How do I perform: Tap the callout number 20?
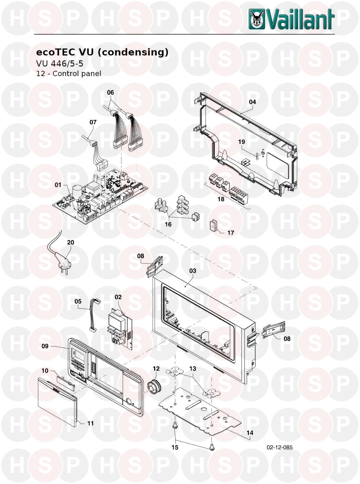[71, 242]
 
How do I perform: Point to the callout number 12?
[156, 368]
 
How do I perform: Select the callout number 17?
[231, 233]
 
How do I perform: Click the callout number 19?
[242, 142]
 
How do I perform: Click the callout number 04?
[252, 102]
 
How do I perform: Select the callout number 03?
[193, 271]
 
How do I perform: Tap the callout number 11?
[90, 423]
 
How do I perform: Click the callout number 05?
[78, 301]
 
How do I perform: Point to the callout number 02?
[118, 297]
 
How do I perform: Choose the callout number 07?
[93, 122]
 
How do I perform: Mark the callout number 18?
[221, 199]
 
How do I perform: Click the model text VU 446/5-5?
[60, 64]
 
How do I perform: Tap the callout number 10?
[45, 371]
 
